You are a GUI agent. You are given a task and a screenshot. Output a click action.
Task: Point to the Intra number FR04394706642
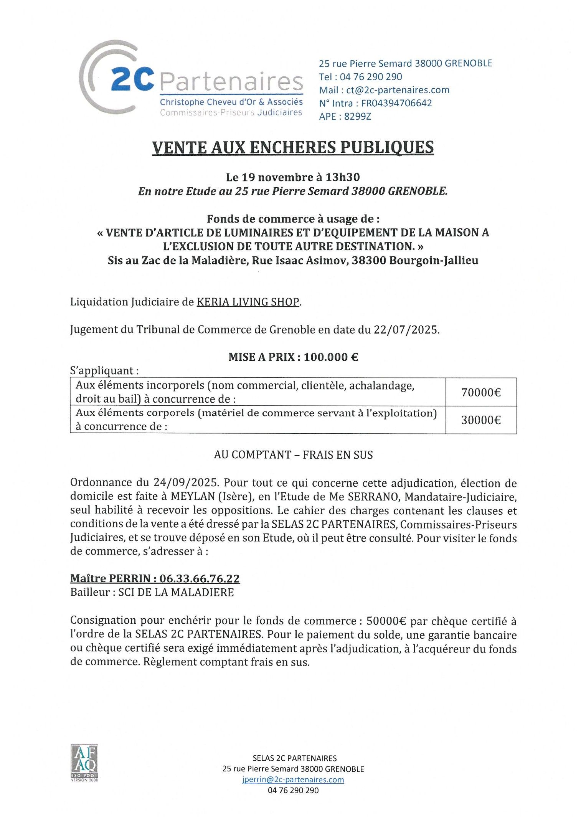point(396,103)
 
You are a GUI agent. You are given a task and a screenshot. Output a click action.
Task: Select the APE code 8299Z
point(358,116)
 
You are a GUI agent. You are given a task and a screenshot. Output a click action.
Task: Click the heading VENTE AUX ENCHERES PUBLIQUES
point(293,147)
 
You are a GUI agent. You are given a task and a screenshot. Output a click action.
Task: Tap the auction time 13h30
point(342,177)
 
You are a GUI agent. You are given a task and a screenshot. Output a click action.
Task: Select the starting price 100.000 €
point(331,357)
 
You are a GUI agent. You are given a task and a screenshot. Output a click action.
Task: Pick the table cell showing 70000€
point(481,392)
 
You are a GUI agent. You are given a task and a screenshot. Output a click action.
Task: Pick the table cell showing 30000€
point(481,420)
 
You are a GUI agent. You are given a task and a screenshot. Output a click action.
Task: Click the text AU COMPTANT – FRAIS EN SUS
point(293,455)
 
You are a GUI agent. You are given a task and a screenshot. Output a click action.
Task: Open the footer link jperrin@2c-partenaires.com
point(293,779)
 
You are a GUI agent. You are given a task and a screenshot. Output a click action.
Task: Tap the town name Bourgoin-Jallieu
point(434,260)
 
